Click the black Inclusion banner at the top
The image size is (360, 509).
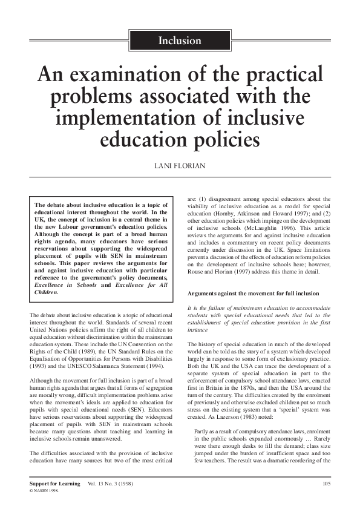coord(179,41)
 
